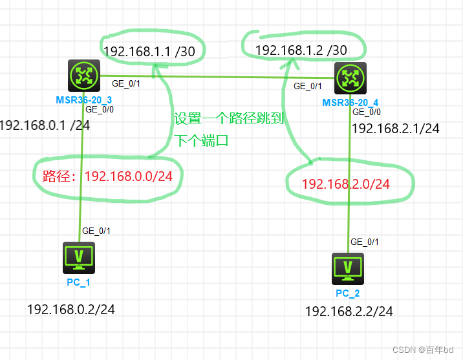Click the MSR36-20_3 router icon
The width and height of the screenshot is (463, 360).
coord(83,76)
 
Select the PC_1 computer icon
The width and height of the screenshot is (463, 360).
coord(79,256)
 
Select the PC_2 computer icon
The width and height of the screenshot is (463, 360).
coord(348,266)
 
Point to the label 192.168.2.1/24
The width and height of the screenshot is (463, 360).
coord(395,129)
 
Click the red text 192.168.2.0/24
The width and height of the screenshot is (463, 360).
coord(346,184)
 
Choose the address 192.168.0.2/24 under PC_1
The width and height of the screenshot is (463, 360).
coord(71,310)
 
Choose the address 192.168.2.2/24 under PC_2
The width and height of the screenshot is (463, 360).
coord(349,312)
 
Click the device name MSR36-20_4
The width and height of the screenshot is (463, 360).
coord(350,103)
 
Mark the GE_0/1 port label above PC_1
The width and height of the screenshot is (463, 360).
coord(96,230)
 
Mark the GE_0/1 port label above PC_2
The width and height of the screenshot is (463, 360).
coord(365,242)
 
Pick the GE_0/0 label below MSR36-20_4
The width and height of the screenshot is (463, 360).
coord(367,112)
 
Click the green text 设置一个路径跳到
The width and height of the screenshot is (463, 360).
coord(229,119)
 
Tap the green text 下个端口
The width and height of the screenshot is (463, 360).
coord(201,141)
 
